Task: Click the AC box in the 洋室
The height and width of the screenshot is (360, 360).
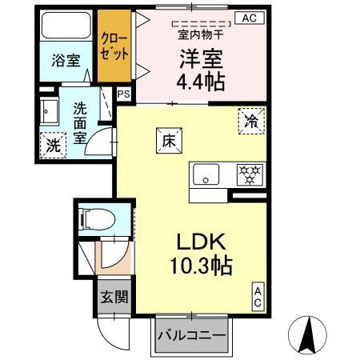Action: click(249, 18)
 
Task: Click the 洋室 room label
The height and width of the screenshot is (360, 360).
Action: click(198, 58)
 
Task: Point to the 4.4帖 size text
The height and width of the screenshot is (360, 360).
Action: click(199, 82)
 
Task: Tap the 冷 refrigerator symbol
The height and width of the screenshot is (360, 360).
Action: click(250, 122)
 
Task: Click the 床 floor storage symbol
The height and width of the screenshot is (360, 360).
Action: click(169, 139)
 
